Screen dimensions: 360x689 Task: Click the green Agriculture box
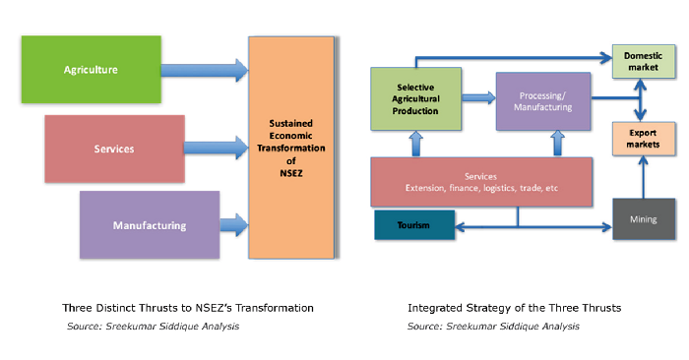click(91, 70)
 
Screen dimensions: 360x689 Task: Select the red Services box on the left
click(114, 149)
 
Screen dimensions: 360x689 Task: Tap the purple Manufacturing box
click(150, 225)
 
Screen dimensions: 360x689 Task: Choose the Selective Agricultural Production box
click(414, 99)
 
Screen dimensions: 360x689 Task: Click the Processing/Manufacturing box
click(543, 101)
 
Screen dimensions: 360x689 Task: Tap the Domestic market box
click(643, 62)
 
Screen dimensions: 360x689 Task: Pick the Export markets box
click(643, 139)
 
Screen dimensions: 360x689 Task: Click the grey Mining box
click(643, 219)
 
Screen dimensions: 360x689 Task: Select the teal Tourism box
click(414, 224)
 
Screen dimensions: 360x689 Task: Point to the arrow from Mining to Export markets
click(643, 178)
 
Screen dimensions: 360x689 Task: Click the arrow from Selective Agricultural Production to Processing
click(477, 97)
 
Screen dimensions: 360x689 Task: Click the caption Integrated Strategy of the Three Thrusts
click(514, 308)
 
